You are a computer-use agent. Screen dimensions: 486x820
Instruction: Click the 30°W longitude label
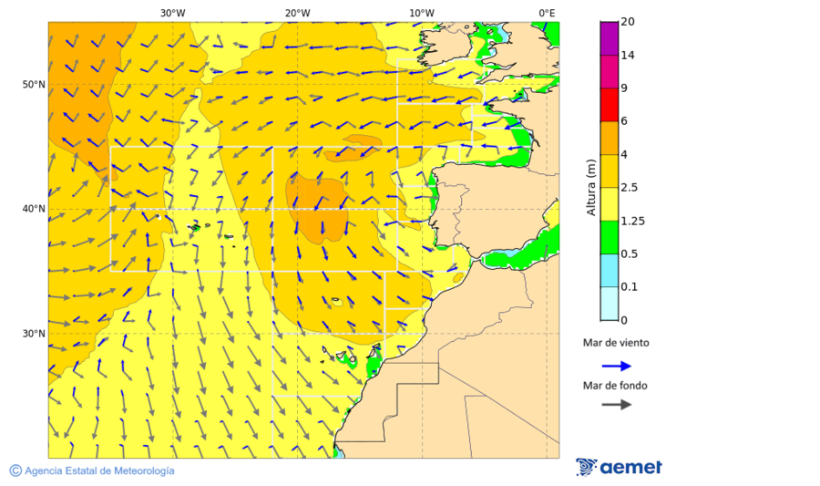click(172, 13)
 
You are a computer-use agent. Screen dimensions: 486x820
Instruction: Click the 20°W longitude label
click(297, 13)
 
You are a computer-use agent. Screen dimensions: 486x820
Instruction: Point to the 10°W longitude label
click(421, 13)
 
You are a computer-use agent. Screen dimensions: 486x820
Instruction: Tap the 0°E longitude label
click(547, 13)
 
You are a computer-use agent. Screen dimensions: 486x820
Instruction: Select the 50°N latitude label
click(34, 85)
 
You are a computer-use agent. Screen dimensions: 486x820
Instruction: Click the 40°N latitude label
click(34, 209)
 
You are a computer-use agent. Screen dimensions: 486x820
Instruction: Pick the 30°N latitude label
click(34, 334)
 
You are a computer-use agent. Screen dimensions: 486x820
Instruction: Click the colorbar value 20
click(627, 22)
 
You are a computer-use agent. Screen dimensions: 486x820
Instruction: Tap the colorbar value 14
click(627, 56)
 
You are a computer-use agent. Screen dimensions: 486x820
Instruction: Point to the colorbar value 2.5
click(629, 188)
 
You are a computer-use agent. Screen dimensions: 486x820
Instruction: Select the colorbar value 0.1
click(629, 287)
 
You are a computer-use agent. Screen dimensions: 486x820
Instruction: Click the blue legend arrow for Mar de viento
click(617, 366)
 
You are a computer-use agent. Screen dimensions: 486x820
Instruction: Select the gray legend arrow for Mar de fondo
click(617, 404)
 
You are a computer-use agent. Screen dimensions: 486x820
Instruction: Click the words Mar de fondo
click(615, 386)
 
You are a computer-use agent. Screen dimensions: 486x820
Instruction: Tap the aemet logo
click(620, 467)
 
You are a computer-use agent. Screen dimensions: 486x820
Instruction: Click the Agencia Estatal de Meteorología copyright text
click(92, 470)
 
